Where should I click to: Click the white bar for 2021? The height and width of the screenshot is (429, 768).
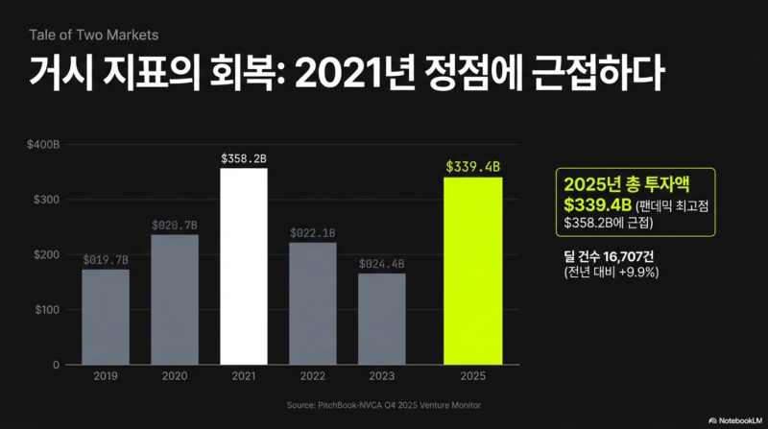pyautogui.click(x=244, y=267)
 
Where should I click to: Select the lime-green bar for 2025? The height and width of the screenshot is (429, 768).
pyautogui.click(x=472, y=271)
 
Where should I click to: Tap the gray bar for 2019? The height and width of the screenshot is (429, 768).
pyautogui.click(x=106, y=317)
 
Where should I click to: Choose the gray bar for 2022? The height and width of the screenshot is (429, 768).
pyautogui.click(x=313, y=303)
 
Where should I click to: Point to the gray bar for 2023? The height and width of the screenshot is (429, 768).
pyautogui.click(x=382, y=319)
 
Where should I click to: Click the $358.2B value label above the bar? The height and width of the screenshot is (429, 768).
pyautogui.click(x=244, y=156)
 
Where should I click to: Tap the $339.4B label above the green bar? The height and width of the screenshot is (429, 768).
pyautogui.click(x=472, y=166)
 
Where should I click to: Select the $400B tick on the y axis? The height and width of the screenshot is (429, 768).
pyautogui.click(x=43, y=145)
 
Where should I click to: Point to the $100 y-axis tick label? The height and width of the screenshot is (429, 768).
pyautogui.click(x=46, y=310)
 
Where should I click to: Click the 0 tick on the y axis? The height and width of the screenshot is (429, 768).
pyautogui.click(x=56, y=365)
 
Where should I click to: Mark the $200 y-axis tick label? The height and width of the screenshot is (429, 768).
pyautogui.click(x=46, y=254)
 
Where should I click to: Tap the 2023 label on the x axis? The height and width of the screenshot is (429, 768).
pyautogui.click(x=382, y=377)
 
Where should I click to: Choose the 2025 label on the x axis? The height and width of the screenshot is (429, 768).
pyautogui.click(x=472, y=377)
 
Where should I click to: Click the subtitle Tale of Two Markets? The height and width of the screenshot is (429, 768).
pyautogui.click(x=93, y=35)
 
